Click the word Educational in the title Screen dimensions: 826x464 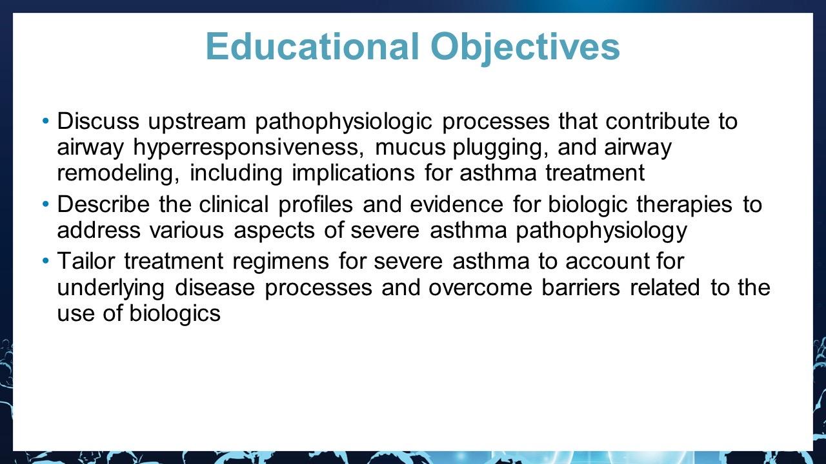pyautogui.click(x=312, y=46)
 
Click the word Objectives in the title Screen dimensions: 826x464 pyautogui.click(x=525, y=48)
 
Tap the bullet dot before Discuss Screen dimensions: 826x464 pyautogui.click(x=45, y=121)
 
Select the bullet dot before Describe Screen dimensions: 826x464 pyautogui.click(x=45, y=204)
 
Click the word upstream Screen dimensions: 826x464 pyautogui.click(x=197, y=122)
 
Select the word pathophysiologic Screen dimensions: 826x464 pyautogui.click(x=343, y=122)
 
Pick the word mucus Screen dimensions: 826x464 pyautogui.click(x=410, y=147)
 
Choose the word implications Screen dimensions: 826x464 pyautogui.click(x=353, y=174)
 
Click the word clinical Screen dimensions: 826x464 pyautogui.click(x=234, y=204)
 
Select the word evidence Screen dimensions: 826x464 pyautogui.click(x=456, y=204)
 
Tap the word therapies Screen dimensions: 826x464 pyautogui.click(x=684, y=206)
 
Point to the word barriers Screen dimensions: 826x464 pyautogui.click(x=581, y=287)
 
